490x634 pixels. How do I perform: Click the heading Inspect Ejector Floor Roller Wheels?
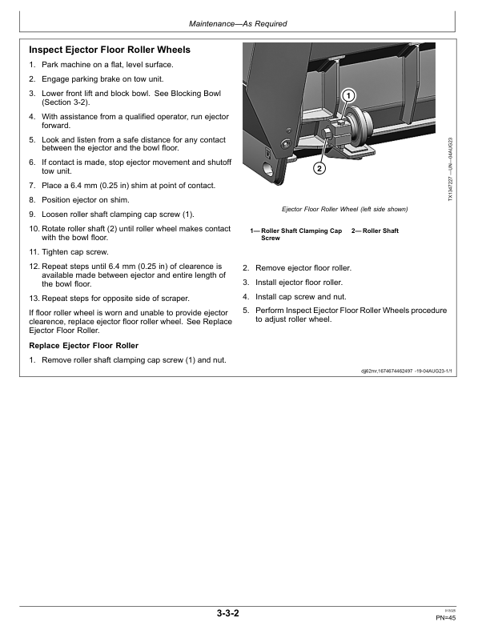pyautogui.click(x=109, y=50)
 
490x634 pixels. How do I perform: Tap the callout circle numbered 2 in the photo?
pyautogui.click(x=319, y=168)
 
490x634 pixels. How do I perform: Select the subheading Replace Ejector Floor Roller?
pyautogui.click(x=84, y=345)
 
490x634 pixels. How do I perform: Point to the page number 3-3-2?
pyautogui.click(x=227, y=613)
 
